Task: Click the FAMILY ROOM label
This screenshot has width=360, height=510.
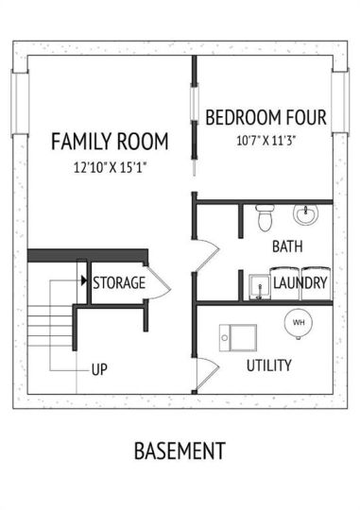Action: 110,141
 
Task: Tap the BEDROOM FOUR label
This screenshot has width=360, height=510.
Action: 266,117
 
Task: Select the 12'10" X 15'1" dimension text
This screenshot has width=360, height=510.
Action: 110,168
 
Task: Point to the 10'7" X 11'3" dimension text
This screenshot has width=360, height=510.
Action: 266,141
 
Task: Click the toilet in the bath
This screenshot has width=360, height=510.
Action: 265,217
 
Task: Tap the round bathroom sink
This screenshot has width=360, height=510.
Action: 305,214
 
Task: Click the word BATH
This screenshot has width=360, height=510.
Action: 287,246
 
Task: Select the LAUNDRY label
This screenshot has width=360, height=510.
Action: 300,282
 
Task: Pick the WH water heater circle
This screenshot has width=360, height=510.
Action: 299,323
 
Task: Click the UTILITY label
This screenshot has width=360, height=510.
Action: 269,365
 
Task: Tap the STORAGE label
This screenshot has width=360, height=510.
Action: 119,282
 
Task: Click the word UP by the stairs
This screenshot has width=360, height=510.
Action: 99,370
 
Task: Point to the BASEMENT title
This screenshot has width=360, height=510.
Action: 180,450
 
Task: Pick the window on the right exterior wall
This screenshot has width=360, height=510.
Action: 340,101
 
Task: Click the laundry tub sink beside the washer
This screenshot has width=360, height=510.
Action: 260,287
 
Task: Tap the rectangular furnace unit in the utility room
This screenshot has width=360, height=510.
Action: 238,337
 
